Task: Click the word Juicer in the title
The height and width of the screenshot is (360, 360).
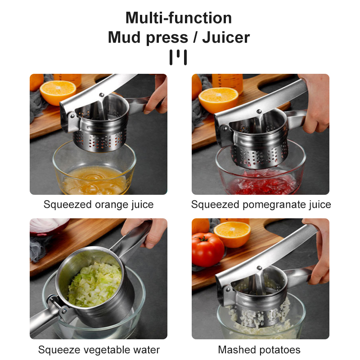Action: tap(226, 37)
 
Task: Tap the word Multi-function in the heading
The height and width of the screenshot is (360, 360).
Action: tap(179, 18)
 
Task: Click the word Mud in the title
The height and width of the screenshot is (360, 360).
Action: tap(124, 37)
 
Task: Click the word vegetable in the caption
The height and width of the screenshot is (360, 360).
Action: tap(107, 350)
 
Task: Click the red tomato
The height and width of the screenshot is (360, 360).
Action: tap(207, 250)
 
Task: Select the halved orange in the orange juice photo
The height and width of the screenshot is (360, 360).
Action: tap(58, 92)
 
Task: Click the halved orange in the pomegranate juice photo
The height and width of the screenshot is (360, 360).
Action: tap(218, 100)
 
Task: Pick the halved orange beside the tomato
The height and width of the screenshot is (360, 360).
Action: tap(232, 234)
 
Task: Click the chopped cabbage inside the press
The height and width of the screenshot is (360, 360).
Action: tap(94, 285)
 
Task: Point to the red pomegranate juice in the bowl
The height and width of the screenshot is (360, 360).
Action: tap(262, 184)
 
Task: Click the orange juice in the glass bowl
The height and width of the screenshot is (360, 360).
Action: tap(94, 180)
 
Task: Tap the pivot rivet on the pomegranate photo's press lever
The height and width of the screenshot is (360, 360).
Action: tap(259, 111)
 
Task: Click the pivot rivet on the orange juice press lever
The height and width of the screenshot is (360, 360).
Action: tap(101, 94)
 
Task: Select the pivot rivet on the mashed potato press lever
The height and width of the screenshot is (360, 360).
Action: tap(259, 268)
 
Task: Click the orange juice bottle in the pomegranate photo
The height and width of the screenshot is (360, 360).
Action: tap(227, 83)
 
